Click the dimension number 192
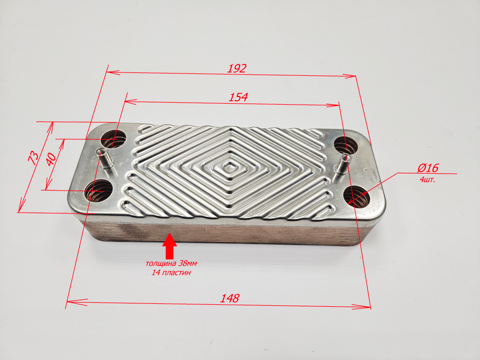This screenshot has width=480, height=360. point(237,68)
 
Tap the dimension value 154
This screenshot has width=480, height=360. point(238,97)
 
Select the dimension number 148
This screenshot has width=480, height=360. point(229,298)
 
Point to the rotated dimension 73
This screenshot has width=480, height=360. point(34,157)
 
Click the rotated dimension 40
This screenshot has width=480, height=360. point(51,158)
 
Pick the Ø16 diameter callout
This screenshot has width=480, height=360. point(428,168)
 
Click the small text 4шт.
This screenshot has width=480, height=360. point(427,180)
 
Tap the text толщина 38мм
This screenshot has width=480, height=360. point(171,263)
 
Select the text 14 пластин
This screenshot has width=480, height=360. point(171,272)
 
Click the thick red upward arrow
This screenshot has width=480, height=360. point(169,246)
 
